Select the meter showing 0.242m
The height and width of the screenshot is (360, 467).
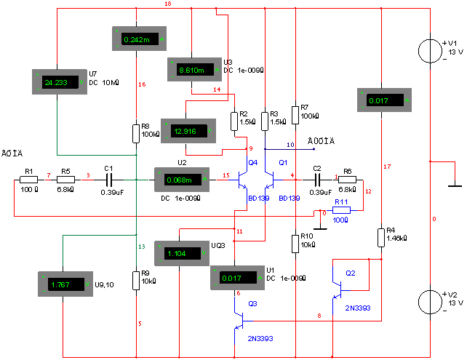(x=139, y=39)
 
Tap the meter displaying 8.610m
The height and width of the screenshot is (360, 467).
(x=194, y=70)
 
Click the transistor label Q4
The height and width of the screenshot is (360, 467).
(x=253, y=163)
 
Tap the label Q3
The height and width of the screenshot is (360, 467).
(x=253, y=303)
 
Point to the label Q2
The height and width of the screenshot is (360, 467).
(x=351, y=273)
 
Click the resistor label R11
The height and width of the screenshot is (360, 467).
(x=341, y=201)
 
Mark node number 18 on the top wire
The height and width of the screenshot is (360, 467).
(x=168, y=4)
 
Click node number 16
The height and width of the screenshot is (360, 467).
(x=142, y=85)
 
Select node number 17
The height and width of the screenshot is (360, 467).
(x=387, y=167)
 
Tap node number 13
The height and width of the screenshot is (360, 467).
(x=142, y=247)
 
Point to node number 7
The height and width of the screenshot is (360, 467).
(x=49, y=175)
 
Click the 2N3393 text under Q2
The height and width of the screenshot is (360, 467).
(x=358, y=308)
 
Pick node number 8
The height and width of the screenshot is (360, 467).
(x=319, y=316)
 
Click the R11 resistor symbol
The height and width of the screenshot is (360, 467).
(x=341, y=210)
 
